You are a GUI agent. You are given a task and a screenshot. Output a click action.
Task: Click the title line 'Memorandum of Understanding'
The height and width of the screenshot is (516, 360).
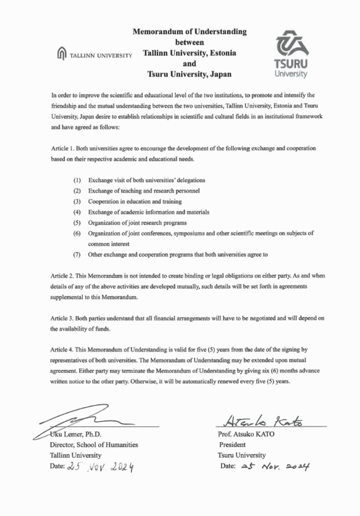pyautogui.click(x=189, y=31)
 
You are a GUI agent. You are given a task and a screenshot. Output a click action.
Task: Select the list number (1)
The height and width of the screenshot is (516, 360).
pyautogui.click(x=78, y=181)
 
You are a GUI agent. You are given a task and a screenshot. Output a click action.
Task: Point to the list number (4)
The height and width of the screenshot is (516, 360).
pyautogui.click(x=78, y=211)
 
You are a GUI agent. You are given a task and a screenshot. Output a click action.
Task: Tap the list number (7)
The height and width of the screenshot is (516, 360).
pyautogui.click(x=78, y=254)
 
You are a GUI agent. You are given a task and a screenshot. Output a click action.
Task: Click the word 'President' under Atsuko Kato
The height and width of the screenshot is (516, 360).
pyautogui.click(x=233, y=445)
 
